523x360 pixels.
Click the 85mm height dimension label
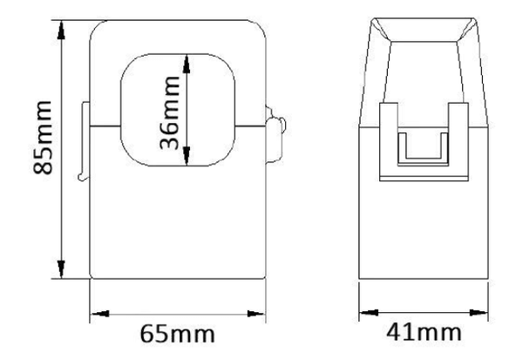click(x=43, y=137)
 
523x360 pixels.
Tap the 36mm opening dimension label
click(x=170, y=112)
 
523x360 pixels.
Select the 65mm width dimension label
click(x=177, y=334)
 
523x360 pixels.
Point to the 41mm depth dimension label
click(x=424, y=332)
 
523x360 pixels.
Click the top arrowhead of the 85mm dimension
click(x=61, y=31)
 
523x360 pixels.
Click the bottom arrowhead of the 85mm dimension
click(x=61, y=269)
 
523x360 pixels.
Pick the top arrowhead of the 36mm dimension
click(x=187, y=64)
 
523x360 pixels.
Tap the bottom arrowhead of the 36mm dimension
click(x=187, y=156)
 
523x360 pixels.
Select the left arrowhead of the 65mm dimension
click(x=100, y=314)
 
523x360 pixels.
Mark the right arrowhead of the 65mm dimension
click(x=255, y=314)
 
